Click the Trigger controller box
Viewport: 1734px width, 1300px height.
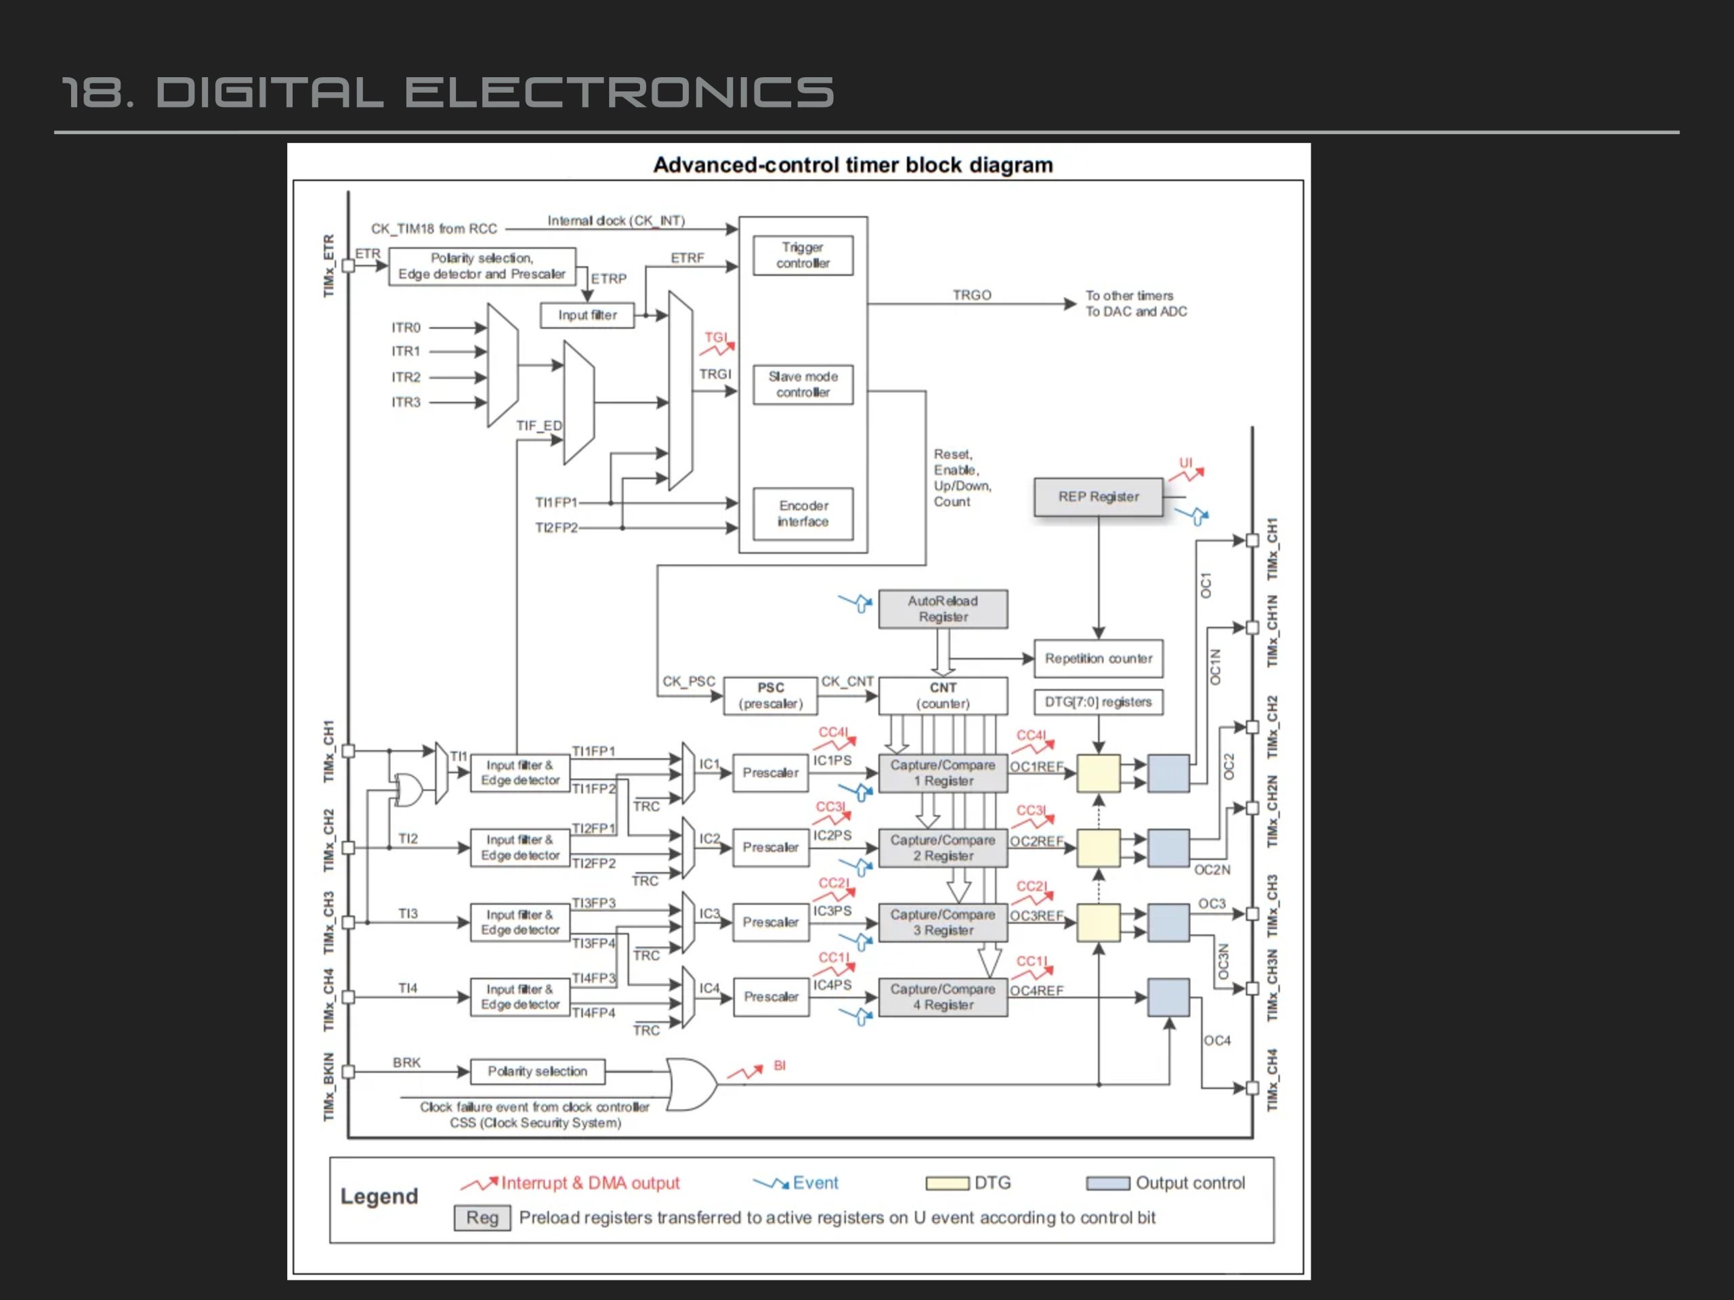803,255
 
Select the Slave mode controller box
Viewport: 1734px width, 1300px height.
803,385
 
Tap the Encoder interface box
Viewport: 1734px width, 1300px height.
803,514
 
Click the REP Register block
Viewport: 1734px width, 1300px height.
1098,497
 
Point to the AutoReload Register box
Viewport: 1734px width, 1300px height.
943,609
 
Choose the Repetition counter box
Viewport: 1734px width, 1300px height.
1098,659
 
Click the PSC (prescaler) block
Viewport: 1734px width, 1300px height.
771,696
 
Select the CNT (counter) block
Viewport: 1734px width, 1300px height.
943,696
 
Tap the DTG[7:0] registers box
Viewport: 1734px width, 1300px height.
1098,702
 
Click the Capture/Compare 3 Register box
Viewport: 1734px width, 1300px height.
943,922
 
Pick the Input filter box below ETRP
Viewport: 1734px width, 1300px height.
587,315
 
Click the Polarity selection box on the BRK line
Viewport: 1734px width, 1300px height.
538,1071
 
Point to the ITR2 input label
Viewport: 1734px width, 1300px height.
406,377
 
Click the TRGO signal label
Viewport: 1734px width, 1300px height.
972,295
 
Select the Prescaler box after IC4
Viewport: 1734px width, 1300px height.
771,997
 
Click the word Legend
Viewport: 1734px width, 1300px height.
379,1196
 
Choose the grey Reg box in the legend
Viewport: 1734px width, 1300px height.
482,1217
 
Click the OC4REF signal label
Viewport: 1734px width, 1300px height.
1036,991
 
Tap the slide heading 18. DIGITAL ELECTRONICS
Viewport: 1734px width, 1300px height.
448,93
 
